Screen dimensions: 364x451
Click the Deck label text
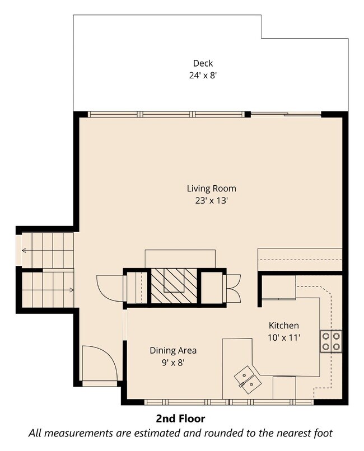point(203,63)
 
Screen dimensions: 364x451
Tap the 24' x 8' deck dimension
point(203,76)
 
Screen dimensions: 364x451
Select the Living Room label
point(212,189)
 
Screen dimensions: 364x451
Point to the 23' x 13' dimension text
point(212,200)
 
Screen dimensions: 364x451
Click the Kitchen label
point(284,325)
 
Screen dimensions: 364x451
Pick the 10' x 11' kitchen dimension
point(284,337)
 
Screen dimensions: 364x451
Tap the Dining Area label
point(173,350)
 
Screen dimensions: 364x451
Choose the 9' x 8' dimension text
point(173,363)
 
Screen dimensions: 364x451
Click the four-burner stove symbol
point(331,341)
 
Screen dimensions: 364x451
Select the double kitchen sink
point(248,380)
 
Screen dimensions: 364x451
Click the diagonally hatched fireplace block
point(174,285)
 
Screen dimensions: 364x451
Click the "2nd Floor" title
point(181,419)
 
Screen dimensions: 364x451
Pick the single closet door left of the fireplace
point(110,288)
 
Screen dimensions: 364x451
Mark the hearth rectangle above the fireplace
point(180,259)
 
